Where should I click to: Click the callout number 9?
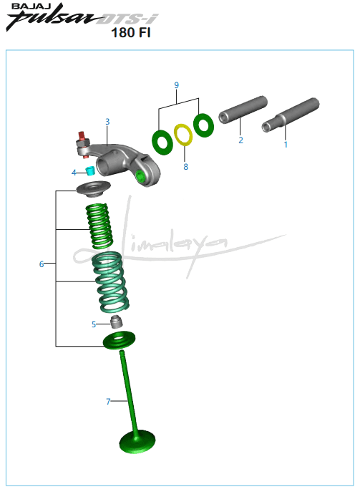177,85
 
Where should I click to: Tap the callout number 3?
107,122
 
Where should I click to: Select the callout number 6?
42,264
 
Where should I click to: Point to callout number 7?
108,401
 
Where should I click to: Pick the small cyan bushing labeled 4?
90,170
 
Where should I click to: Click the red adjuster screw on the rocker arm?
82,137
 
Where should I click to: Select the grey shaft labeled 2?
243,110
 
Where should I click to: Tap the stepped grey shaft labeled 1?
291,115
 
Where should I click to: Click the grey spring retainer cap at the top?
94,189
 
